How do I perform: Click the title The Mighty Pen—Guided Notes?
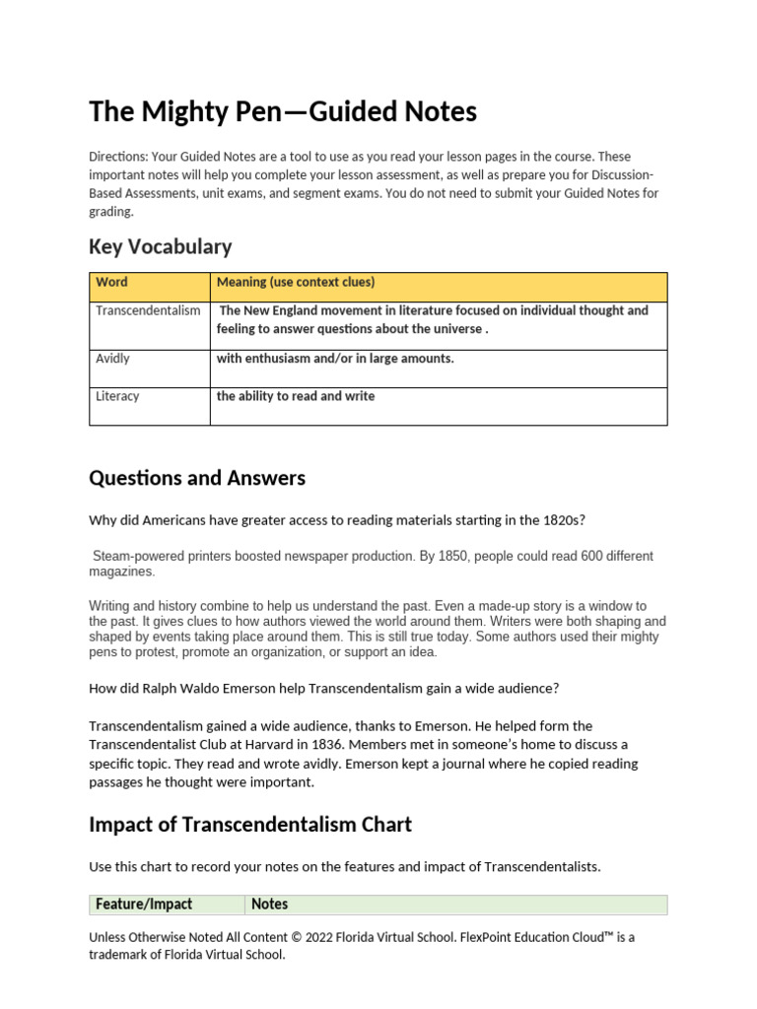283,112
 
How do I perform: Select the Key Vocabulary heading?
160,246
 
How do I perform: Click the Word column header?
111,283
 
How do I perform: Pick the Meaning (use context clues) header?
296,283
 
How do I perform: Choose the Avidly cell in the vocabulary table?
112,359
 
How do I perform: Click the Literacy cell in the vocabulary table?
117,396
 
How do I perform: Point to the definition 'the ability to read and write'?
296,396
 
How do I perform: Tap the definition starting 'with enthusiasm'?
335,359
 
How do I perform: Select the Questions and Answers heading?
197,478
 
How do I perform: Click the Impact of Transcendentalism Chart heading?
250,824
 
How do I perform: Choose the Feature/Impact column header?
144,905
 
